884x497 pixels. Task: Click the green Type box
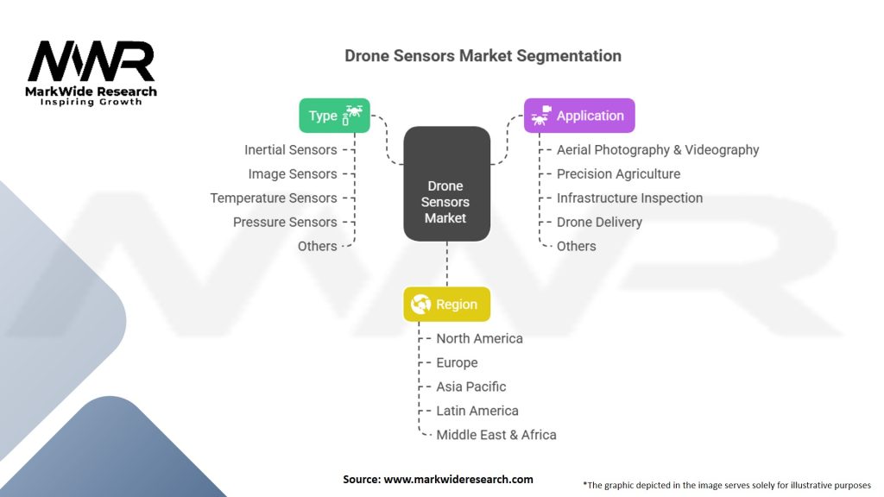pos(334,116)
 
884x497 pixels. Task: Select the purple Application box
pos(579,116)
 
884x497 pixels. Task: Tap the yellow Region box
pos(446,304)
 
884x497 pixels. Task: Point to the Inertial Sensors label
pos(290,149)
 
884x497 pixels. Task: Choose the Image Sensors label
pos(293,173)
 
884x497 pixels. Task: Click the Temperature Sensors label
pos(274,198)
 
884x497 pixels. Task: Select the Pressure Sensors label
pos(285,222)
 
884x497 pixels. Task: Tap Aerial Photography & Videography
pos(658,149)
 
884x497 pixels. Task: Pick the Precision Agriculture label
pos(618,173)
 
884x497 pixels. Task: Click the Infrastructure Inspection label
pos(629,198)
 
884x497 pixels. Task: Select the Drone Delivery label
pos(599,222)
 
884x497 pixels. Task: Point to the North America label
pos(479,338)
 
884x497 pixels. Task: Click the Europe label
pos(457,362)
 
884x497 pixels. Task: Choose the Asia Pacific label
pos(471,387)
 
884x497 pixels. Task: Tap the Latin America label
pos(477,411)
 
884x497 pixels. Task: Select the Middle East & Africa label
pos(496,435)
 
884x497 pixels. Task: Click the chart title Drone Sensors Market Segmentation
pos(483,56)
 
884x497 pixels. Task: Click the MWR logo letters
pos(91,61)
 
